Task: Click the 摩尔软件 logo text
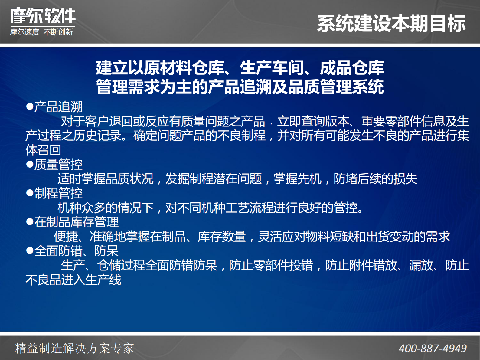point(43,16)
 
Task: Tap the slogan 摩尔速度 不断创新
point(41,32)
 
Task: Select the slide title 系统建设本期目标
point(391,24)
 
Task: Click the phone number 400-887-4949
point(433,349)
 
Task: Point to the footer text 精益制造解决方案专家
point(74,349)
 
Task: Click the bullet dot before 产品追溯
point(30,107)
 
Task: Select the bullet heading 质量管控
point(58,165)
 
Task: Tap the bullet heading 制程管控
point(58,193)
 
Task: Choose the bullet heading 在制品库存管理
point(76,222)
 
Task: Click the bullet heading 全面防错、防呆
point(76,251)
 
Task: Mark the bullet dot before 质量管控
point(30,165)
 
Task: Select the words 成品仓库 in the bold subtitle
point(352,67)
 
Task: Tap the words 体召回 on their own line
point(43,150)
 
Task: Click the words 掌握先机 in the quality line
point(297,179)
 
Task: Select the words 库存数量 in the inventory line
point(221,237)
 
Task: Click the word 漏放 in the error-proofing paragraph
point(421,265)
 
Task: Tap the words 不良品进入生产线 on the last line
point(73,280)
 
